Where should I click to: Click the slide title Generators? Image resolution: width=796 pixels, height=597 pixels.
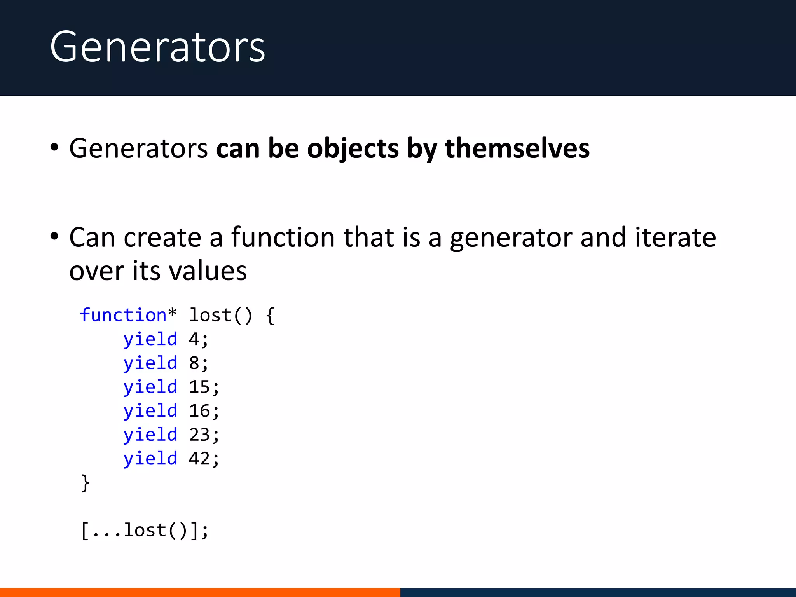[157, 47]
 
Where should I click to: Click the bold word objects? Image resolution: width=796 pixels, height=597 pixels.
[353, 149]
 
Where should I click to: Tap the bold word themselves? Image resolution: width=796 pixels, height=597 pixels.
[517, 148]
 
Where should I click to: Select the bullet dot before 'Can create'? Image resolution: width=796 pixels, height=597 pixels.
[54, 236]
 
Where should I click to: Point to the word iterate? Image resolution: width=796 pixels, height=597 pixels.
[675, 237]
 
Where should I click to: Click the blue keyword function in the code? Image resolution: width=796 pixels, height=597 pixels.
[123, 315]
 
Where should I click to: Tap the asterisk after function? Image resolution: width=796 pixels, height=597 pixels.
[172, 312]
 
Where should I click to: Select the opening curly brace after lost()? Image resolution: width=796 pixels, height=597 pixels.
[271, 316]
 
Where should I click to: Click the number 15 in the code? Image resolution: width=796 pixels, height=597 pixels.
[199, 387]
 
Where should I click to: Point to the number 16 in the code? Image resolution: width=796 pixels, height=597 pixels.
[199, 411]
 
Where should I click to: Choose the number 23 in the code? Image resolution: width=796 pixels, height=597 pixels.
[199, 435]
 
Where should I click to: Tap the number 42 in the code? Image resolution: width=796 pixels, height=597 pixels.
[199, 459]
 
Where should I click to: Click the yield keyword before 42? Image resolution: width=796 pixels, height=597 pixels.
[150, 459]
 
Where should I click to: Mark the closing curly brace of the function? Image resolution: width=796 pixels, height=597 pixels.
[85, 483]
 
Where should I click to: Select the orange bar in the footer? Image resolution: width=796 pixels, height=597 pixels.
[200, 592]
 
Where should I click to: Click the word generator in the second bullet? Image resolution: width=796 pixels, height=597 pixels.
[510, 238]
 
